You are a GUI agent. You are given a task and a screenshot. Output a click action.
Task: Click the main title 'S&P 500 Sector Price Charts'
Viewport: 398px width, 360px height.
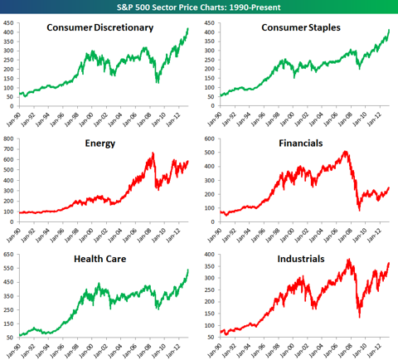[x=199, y=7]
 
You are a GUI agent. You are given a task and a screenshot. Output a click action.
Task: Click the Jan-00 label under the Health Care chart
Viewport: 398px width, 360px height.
[x=91, y=343]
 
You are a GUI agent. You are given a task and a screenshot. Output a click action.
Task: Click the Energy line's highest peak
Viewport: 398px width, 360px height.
[x=152, y=153]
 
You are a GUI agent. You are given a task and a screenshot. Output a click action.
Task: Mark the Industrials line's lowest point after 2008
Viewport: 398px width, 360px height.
[x=358, y=316]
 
